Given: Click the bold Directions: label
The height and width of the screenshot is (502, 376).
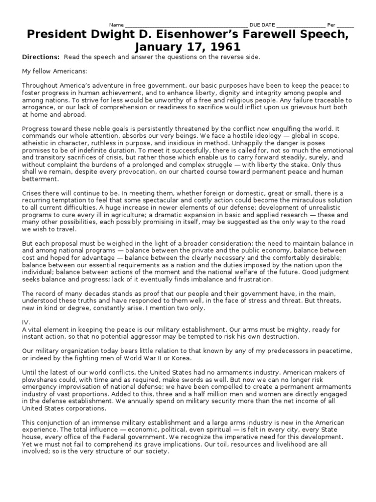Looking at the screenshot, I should [x=41, y=57].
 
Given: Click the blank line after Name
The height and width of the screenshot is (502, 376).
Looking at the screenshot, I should [x=186, y=25].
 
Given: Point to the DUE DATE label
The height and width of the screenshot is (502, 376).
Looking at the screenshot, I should [x=263, y=25].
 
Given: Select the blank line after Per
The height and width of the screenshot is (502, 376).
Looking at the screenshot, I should [x=345, y=25].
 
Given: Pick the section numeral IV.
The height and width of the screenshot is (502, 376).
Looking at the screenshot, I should [x=26, y=322].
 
